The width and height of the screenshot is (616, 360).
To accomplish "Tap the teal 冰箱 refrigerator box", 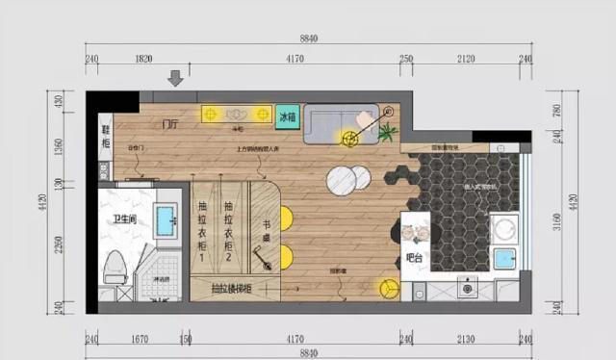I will [287, 117].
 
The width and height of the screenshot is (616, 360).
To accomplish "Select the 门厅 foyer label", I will [170, 124].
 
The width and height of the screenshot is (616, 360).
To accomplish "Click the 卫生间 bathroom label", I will [123, 219].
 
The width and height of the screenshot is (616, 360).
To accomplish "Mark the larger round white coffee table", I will [340, 180].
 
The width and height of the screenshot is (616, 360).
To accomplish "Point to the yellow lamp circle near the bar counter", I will [389, 288].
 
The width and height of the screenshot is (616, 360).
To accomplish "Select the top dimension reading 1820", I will [143, 59].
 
